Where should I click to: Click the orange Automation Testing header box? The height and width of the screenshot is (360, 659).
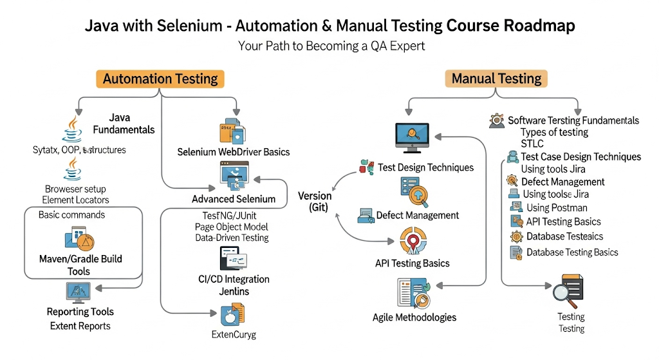pos(161,79)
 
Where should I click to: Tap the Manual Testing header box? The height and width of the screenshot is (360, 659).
pos(496,79)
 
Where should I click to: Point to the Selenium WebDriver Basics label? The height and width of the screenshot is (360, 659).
pos(234,152)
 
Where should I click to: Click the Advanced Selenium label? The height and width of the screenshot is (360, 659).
pos(234,199)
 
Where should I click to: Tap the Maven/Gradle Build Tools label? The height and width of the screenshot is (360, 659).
pos(80,265)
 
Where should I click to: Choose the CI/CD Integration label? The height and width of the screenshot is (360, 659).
pos(234,279)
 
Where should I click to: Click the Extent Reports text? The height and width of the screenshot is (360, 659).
pos(80,326)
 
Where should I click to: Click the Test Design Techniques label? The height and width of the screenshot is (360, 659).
pos(425,167)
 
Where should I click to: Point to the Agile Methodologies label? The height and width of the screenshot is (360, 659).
pos(414,317)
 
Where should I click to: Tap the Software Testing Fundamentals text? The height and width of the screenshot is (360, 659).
pos(573,120)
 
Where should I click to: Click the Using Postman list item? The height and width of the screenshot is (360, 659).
pos(557,207)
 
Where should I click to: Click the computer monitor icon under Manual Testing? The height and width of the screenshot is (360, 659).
pos(412,135)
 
